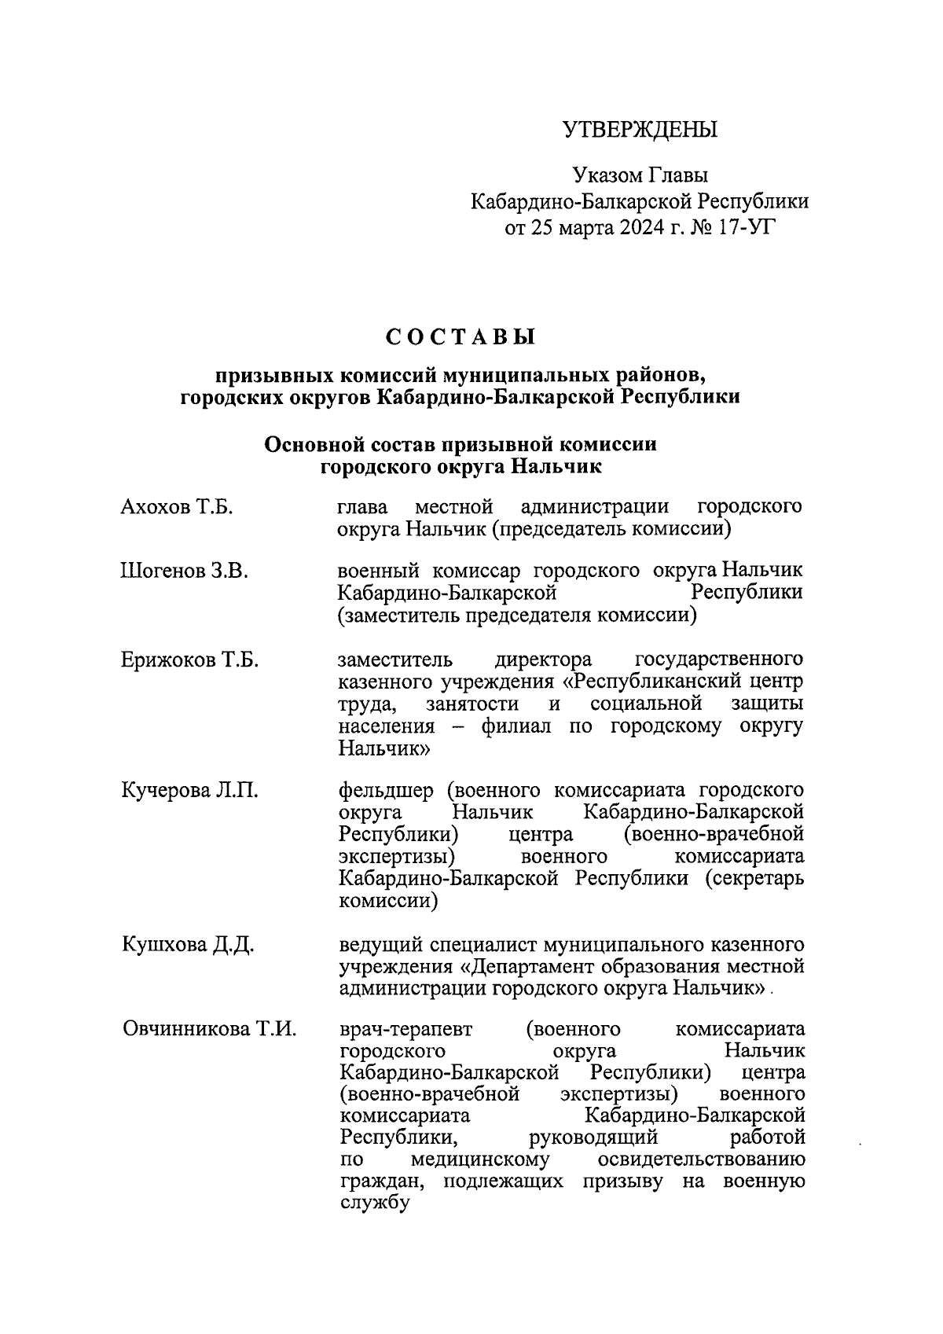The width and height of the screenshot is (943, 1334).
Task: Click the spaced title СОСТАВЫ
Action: point(460,337)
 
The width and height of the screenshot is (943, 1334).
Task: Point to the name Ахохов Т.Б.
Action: point(177,507)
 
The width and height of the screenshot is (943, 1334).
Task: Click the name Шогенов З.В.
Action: point(185,571)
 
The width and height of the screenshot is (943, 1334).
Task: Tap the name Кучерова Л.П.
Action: point(189,790)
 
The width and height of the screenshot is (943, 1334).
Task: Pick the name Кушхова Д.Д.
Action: point(188,944)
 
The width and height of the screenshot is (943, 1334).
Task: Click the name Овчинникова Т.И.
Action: point(210,1029)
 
